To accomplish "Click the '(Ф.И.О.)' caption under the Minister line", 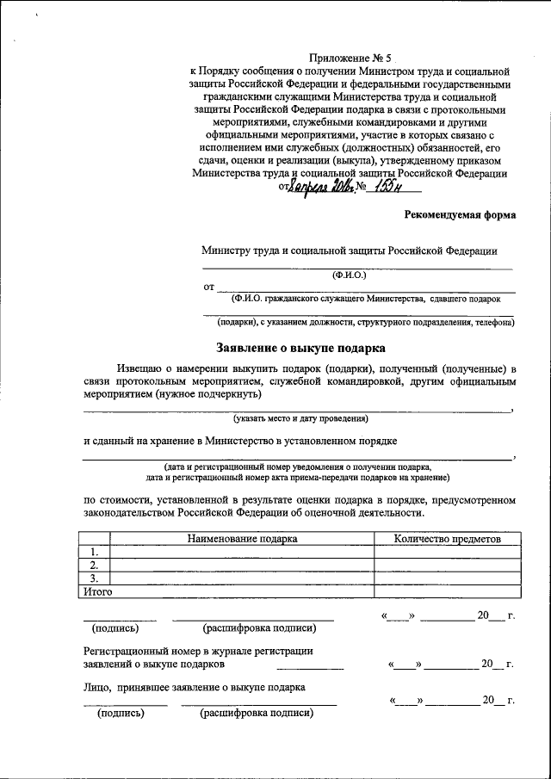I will tap(349, 275).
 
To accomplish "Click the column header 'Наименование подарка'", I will tap(242, 539).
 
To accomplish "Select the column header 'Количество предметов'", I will tap(446, 539).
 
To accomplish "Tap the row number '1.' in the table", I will tap(93, 552).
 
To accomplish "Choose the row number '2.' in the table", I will tap(93, 565).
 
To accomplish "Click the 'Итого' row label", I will tap(96, 591).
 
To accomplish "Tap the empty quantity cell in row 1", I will tap(446, 552).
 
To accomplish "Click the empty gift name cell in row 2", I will tap(242, 565).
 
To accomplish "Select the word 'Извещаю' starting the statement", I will tap(142, 368).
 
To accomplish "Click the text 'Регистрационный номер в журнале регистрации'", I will tap(198, 652).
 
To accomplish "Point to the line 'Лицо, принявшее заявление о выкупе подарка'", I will tap(194, 688).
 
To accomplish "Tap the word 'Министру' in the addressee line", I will tap(226, 250).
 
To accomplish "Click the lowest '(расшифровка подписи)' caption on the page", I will tap(256, 714).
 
